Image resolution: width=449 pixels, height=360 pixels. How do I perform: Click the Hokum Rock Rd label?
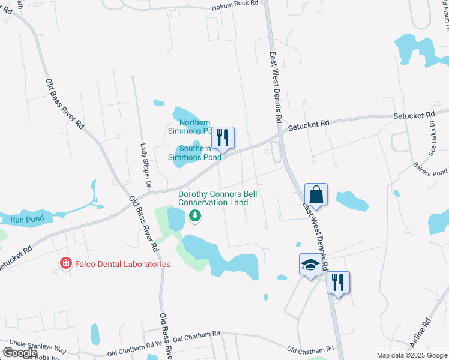[x=234, y=4]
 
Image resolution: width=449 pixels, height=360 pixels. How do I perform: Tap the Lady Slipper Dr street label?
[x=145, y=164]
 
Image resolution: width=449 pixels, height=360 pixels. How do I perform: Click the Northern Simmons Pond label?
[x=191, y=127]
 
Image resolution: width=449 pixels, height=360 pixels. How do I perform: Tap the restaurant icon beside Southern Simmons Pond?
[x=223, y=137]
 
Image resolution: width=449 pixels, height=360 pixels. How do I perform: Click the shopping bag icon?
[x=316, y=195]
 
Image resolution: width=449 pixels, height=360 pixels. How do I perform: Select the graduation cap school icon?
[x=310, y=265]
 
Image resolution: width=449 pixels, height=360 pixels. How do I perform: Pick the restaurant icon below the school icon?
[x=338, y=282]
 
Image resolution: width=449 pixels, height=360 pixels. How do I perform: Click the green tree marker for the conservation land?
[x=194, y=217]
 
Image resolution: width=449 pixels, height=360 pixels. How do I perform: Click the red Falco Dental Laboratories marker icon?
[x=65, y=263]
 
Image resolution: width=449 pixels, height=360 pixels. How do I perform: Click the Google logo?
[x=19, y=353]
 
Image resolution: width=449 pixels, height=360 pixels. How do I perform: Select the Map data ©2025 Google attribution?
[x=412, y=355]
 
